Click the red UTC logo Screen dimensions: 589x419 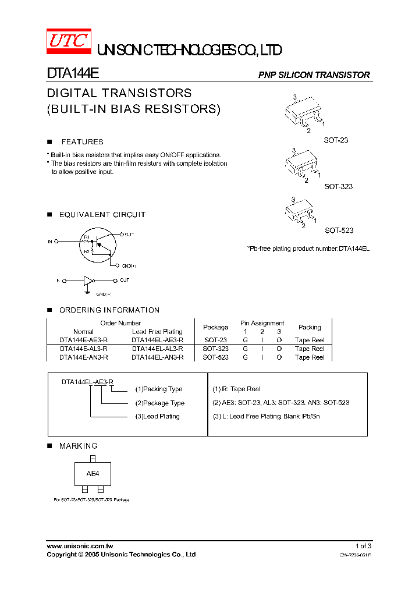tap(69, 41)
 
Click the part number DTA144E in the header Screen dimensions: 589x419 tap(73, 74)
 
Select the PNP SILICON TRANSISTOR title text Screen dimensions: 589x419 tap(314, 75)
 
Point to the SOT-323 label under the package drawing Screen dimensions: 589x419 tap(338, 187)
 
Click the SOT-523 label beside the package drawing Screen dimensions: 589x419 tap(339, 230)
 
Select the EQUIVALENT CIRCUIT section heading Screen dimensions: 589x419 tap(102, 215)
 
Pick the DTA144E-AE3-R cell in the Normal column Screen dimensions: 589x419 tap(83, 340)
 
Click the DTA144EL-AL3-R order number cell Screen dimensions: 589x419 tap(157, 349)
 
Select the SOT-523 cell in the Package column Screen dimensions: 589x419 tap(215, 357)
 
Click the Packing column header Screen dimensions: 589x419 tap(310, 327)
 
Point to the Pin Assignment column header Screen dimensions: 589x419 tap(262, 323)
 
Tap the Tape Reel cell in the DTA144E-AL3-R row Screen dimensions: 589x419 tap(310, 349)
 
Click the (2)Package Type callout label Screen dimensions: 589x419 tap(160, 403)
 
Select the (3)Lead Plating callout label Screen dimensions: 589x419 tap(157, 416)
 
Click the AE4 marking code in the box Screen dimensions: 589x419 tap(93, 474)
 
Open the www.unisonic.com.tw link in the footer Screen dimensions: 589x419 tap(80, 546)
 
